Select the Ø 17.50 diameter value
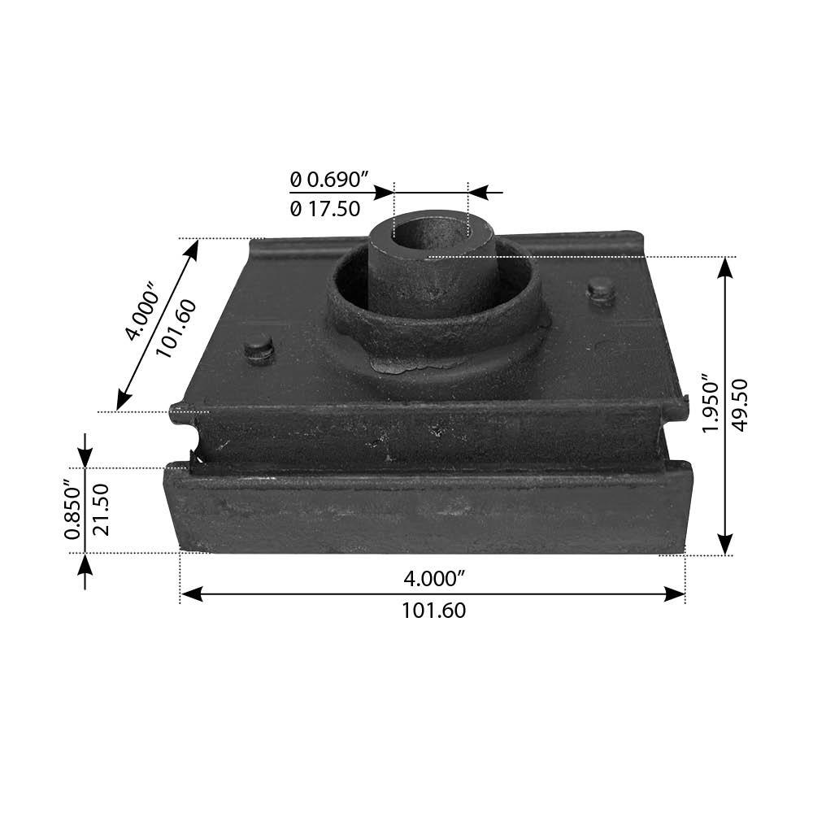pos(324,209)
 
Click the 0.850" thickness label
pos(72,511)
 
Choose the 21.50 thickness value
pos(101,511)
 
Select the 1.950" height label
pos(711,404)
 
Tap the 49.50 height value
pos(740,404)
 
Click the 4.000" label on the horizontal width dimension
pos(434,578)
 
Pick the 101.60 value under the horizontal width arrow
pos(434,611)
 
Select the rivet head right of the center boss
pos(601,289)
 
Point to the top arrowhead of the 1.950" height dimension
pos(725,267)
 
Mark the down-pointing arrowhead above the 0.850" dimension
pos(85,458)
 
